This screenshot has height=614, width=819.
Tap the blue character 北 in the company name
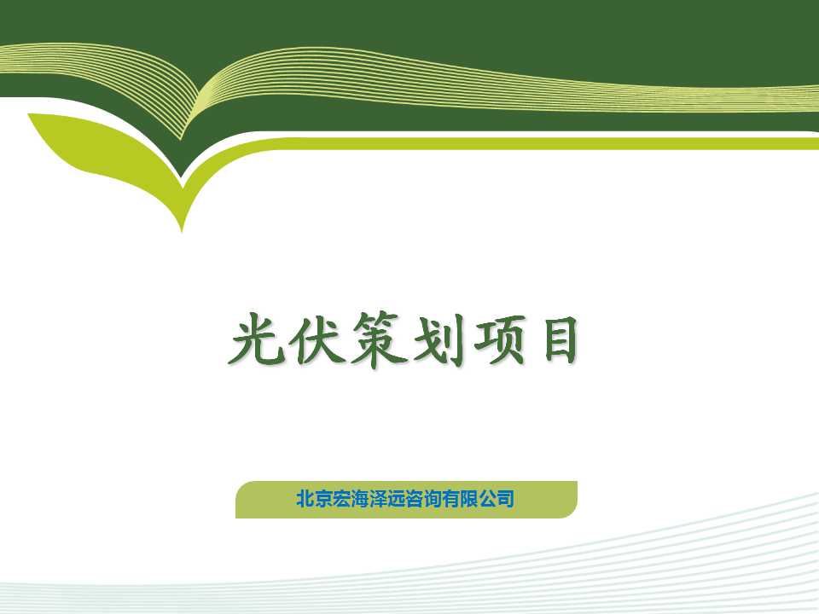point(305,499)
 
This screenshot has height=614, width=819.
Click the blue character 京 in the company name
point(323,499)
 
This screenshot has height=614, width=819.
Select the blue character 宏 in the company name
point(341,499)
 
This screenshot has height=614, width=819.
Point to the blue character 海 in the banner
point(359,499)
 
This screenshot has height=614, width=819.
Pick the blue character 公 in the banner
point(487,499)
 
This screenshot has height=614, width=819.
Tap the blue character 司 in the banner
point(505,499)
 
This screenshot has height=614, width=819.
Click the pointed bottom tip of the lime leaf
point(182,231)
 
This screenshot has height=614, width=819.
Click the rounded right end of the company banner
point(576,500)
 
